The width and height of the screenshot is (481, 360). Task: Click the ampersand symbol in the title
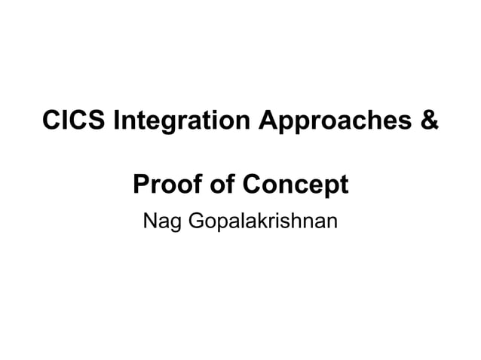click(427, 121)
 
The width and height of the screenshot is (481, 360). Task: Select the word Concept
click(297, 185)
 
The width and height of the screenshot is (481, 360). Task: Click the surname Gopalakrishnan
click(262, 223)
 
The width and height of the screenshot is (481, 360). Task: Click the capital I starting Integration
click(115, 121)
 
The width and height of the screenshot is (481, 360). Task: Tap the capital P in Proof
click(140, 184)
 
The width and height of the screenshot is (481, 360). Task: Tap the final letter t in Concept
click(343, 185)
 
